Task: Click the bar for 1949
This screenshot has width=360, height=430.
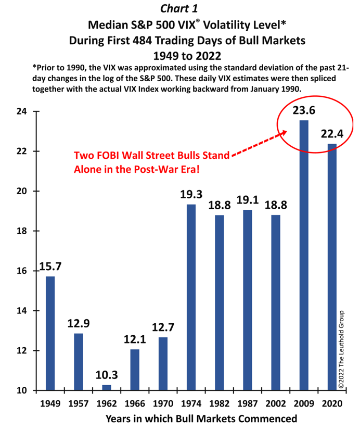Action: [x=50, y=333]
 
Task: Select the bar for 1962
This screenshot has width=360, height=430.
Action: [x=107, y=387]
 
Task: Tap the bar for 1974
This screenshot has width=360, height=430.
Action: [x=191, y=297]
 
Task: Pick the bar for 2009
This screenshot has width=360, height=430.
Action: [x=304, y=255]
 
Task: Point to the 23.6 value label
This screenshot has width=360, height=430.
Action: [x=304, y=111]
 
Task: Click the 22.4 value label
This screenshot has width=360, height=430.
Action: [x=332, y=134]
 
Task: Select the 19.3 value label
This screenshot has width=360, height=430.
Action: [x=191, y=195]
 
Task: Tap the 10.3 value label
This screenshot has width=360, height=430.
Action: [x=107, y=375]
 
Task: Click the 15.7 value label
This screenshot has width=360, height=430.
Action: [x=50, y=267]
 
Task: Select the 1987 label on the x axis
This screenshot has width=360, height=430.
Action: [x=248, y=404]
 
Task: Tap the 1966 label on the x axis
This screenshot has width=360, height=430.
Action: [x=135, y=404]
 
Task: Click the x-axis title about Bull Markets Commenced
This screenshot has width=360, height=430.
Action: [x=201, y=419]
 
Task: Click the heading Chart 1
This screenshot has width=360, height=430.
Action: [x=179, y=8]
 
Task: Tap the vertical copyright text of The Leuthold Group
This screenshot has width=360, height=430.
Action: [x=342, y=349]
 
